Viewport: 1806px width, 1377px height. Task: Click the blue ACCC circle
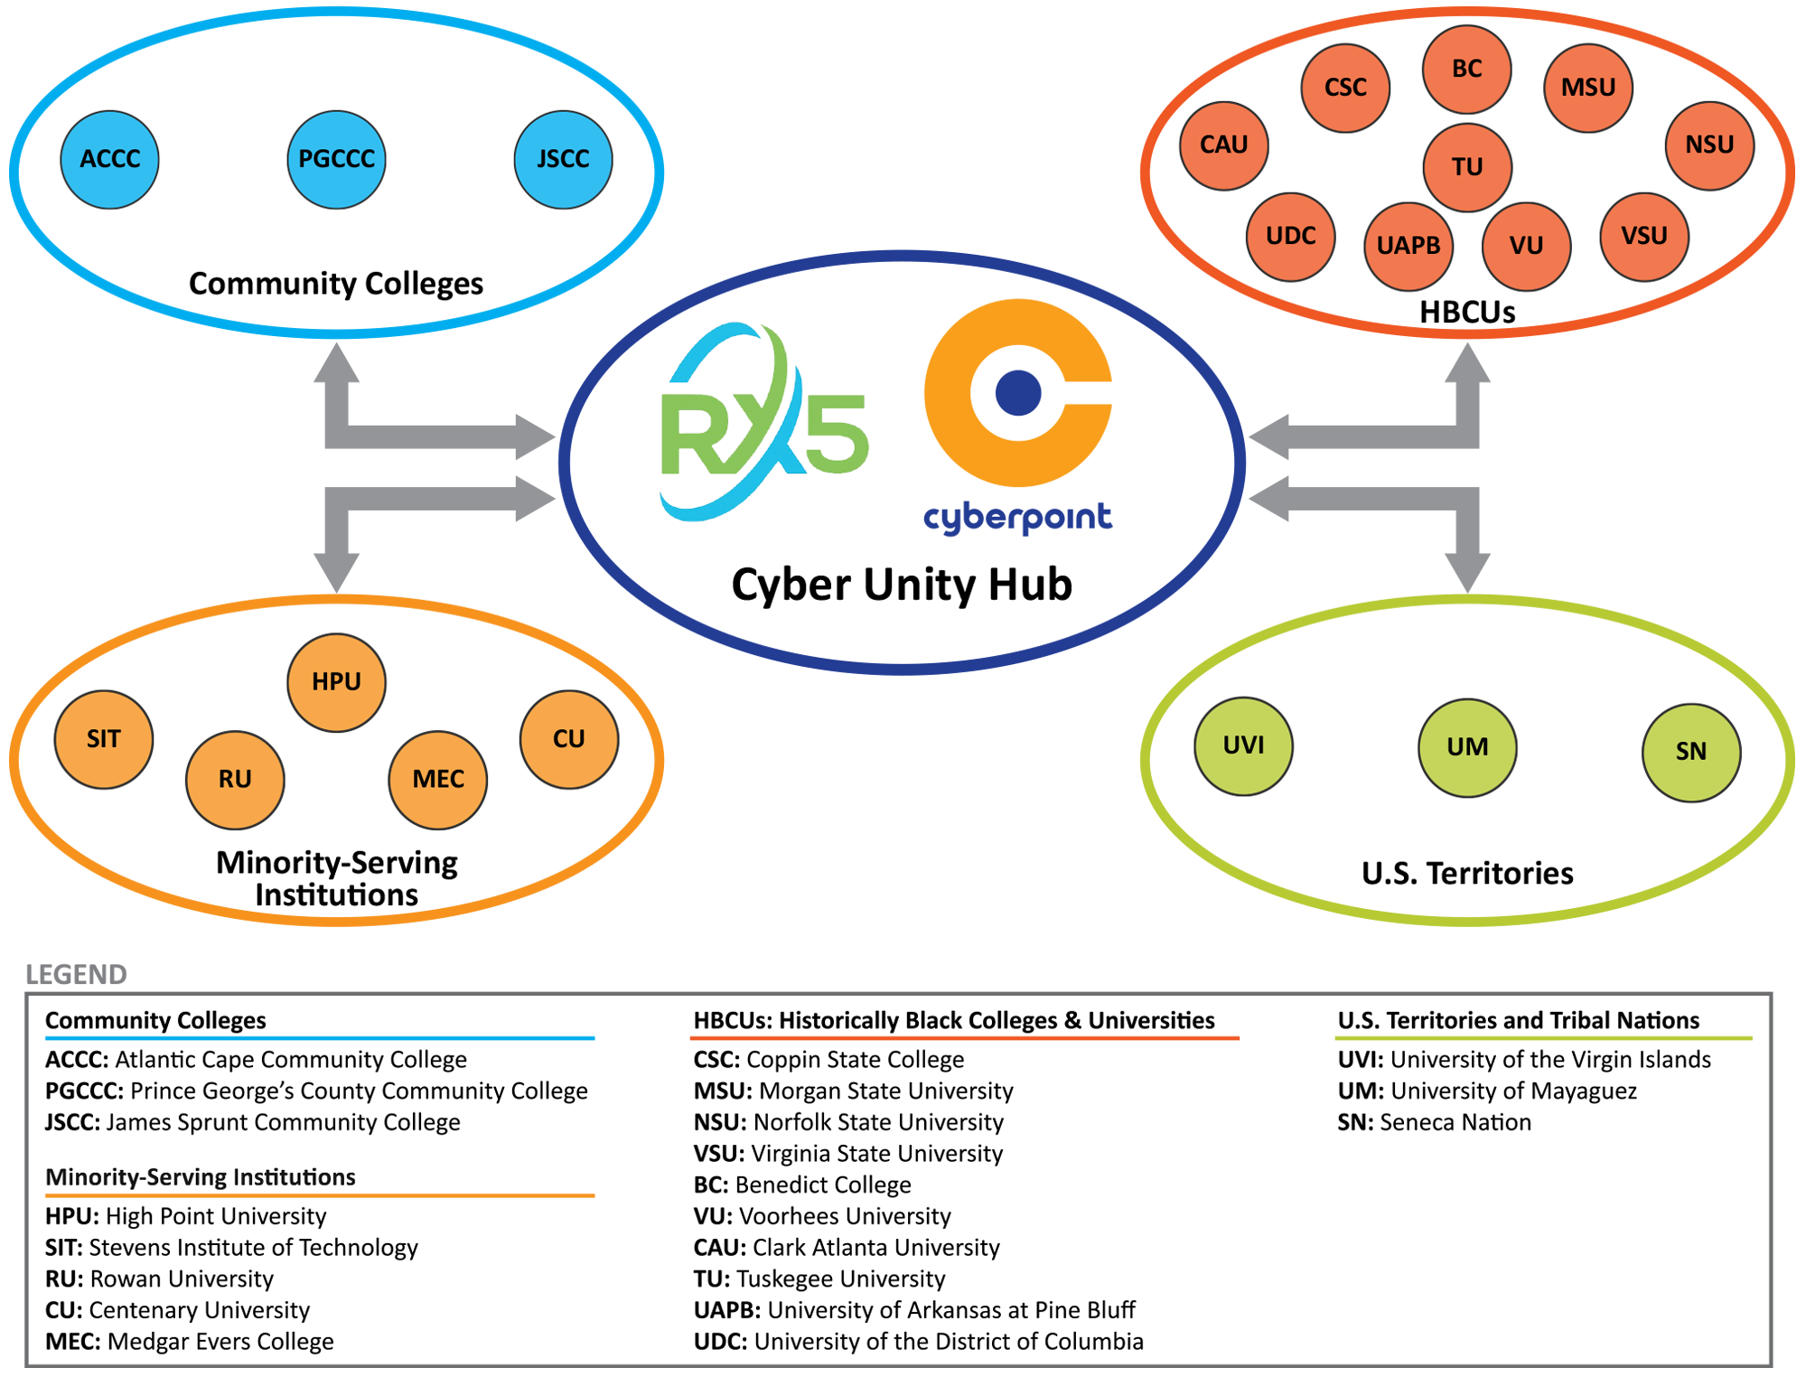109,160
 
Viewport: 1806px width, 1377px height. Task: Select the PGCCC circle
336,160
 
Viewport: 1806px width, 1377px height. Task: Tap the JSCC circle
563,160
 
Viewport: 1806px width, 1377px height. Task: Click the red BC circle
1466,70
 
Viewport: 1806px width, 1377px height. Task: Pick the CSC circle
1345,88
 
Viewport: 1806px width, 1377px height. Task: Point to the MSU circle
1587,88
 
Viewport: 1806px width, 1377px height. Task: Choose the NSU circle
1708,145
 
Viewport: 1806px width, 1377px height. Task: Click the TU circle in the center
1466,167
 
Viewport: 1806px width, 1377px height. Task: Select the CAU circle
1223,145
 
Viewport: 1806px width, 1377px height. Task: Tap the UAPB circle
1408,246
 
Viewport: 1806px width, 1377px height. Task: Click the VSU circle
1643,236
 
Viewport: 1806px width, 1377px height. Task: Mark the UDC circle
1290,236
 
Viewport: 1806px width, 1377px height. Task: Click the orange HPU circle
336,682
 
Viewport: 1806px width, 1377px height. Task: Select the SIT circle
103,739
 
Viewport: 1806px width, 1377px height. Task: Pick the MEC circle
437,780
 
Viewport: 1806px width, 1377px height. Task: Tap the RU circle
235,780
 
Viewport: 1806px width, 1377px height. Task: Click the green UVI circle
1243,746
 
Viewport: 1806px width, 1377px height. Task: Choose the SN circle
1690,752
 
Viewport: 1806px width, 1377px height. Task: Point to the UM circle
1466,747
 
